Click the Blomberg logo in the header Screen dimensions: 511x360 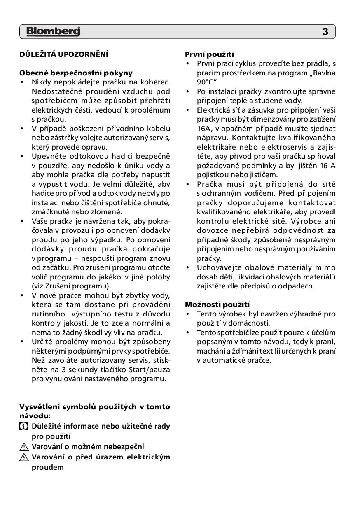coord(53,32)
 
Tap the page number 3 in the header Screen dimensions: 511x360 coord(325,32)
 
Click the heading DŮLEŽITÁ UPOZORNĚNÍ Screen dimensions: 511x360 coord(63,54)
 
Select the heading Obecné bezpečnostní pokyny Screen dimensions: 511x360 coord(76,73)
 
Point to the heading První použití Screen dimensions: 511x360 coord(209,54)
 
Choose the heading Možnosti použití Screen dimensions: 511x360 coord(217,305)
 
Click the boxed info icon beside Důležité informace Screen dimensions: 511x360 coord(23,426)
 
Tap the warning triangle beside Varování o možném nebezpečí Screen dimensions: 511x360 coord(23,447)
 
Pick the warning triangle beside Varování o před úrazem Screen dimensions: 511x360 coord(23,457)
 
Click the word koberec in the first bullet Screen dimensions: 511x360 coord(157,82)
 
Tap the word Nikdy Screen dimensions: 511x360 coord(41,82)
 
